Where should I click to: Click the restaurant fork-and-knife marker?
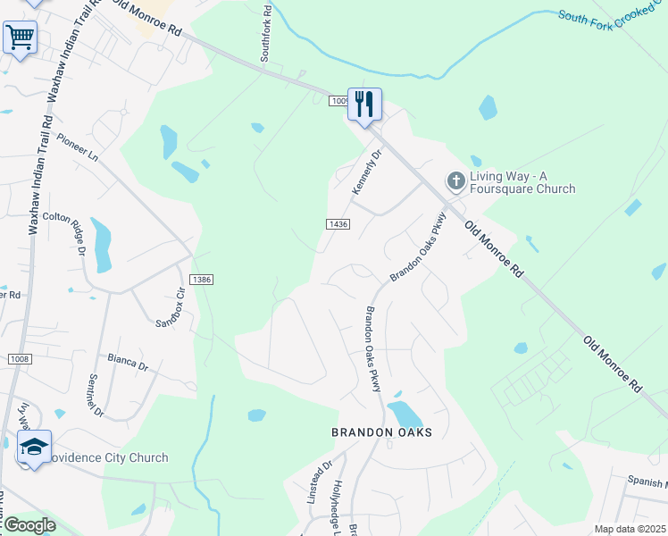coord(364,105)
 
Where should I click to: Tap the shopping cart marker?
coord(20,38)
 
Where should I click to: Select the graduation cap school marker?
coord(34,447)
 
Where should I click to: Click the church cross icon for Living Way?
coord(455,181)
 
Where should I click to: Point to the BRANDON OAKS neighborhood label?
coord(381,432)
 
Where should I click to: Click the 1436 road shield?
coord(338,224)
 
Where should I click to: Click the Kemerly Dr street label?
coord(367,171)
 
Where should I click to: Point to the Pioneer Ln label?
coord(78,147)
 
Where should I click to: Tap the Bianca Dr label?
coord(127,362)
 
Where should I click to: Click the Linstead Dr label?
coord(319,481)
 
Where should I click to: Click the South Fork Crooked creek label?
coord(613,18)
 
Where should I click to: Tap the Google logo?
coord(29,525)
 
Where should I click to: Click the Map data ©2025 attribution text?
coord(630,529)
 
